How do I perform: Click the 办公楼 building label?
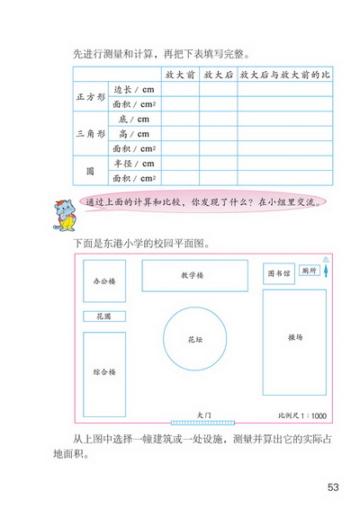tap(104, 281)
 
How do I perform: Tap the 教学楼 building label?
tap(194, 275)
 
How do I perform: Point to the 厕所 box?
tap(309, 270)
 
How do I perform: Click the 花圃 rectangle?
tap(103, 316)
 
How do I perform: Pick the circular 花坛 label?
tap(195, 340)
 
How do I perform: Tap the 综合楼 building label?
tap(104, 370)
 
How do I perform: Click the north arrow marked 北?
tap(326, 267)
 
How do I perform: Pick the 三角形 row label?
tap(90, 133)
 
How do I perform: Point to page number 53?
tap(333, 487)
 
